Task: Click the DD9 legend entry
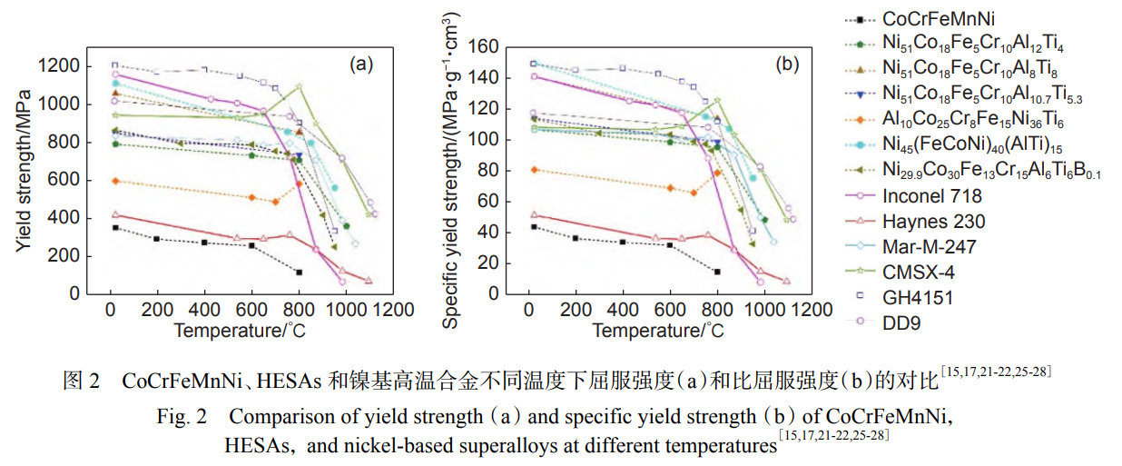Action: point(896,321)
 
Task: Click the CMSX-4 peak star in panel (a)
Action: point(299,87)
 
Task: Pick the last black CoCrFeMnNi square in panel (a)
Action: point(299,272)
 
